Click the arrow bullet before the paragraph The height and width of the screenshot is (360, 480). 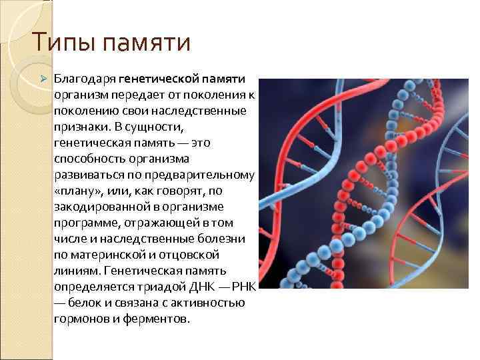point(44,80)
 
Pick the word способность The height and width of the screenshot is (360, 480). point(89,158)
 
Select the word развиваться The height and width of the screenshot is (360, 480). point(88,175)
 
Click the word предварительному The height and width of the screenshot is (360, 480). point(204,175)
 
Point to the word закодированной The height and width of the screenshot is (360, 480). point(97,207)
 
